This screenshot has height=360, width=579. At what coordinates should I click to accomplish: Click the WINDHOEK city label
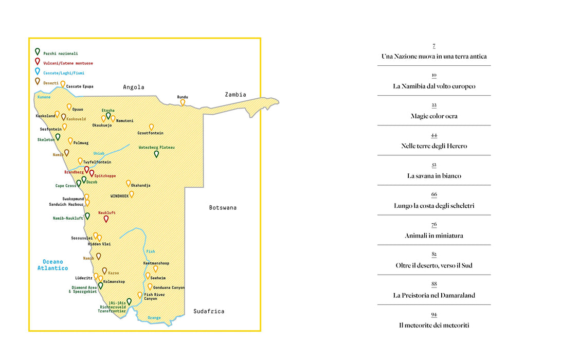[120, 196]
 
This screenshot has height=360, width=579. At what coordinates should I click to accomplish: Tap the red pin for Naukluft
[106, 219]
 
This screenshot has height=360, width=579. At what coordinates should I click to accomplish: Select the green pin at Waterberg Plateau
[156, 154]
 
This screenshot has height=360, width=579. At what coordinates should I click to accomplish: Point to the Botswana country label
[223, 208]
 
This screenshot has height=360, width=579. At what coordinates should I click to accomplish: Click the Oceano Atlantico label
[52, 265]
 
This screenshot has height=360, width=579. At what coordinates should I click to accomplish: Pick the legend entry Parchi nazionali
[61, 53]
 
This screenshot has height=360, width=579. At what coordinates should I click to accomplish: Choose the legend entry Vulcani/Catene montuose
[68, 63]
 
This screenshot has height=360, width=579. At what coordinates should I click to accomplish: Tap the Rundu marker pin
[183, 103]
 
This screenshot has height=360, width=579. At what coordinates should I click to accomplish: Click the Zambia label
[236, 95]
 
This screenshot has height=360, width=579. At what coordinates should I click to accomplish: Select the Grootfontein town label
[150, 133]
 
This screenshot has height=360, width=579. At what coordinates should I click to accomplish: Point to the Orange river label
[154, 317]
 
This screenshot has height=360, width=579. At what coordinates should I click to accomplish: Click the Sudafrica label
[209, 311]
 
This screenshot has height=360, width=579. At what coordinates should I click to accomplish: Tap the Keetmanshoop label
[156, 263]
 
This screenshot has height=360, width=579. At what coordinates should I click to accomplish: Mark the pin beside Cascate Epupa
[63, 84]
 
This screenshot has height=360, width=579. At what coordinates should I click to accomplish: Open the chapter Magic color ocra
[434, 116]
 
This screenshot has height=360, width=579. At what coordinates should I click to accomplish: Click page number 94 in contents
[434, 315]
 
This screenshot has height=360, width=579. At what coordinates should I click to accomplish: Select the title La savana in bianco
[434, 176]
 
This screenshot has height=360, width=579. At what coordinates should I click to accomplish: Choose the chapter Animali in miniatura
[434, 236]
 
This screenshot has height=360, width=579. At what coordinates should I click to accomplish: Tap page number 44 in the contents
[434, 135]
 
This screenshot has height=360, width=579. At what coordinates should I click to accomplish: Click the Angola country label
[134, 87]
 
